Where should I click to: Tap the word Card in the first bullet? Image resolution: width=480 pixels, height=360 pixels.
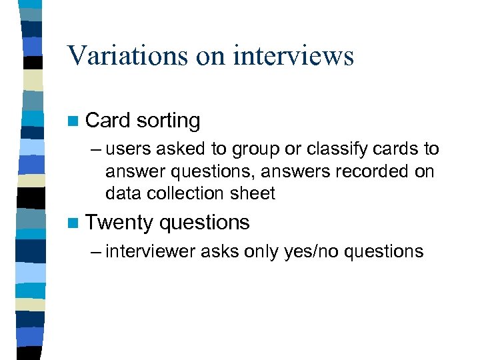coord(107,121)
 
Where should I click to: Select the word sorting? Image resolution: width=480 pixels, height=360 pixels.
coord(167,121)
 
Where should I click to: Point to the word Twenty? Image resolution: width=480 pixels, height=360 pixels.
coord(120,223)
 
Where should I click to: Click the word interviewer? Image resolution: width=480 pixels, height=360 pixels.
coord(146,251)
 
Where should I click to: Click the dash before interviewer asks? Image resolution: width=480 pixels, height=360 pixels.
coord(94,251)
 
